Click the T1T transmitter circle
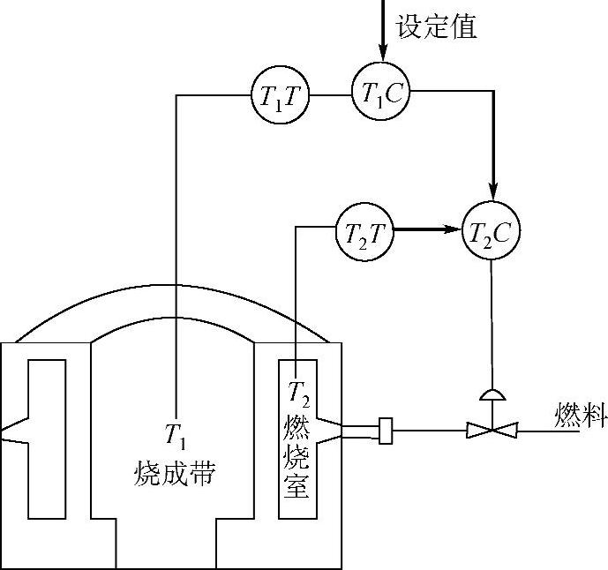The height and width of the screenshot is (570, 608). (x=283, y=95)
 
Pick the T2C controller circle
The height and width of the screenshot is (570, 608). (x=490, y=232)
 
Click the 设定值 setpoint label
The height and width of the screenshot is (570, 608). (x=437, y=26)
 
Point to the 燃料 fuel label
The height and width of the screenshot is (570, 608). (x=581, y=415)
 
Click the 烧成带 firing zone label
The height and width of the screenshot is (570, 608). (x=174, y=474)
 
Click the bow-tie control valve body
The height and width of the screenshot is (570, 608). (x=490, y=431)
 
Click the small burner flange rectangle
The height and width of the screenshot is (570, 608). (x=384, y=431)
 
